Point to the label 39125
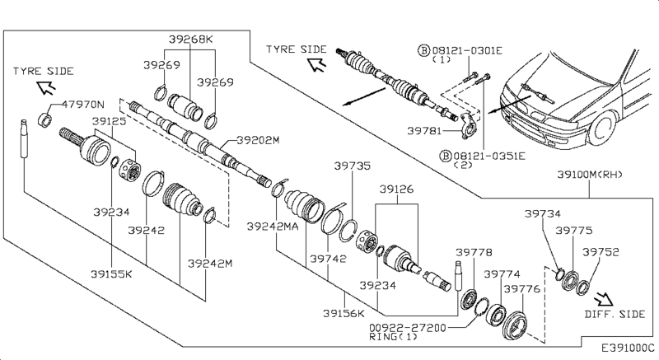coord(109,121)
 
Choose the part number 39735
coord(353,166)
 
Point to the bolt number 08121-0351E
coord(474,154)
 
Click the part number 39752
coord(601,253)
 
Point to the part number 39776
coord(522,289)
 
